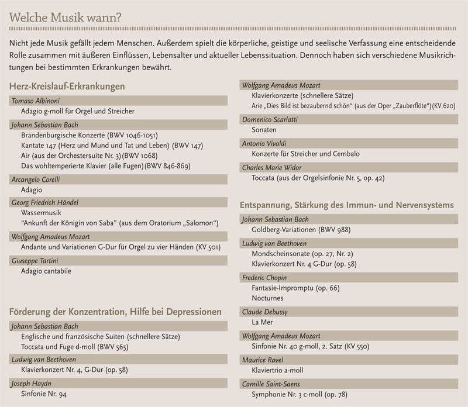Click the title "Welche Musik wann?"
66,17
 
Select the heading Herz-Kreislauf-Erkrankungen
67,87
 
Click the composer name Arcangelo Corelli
36,180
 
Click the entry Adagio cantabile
46,271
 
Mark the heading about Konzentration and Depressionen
115,312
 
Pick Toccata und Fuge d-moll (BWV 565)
74,347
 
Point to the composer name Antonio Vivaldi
265,143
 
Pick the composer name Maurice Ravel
263,360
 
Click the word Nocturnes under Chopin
267,298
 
